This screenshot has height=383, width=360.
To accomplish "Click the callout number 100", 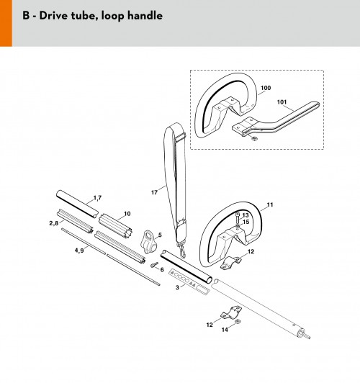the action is (x=266, y=88).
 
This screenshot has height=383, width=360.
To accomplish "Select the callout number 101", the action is (x=282, y=102).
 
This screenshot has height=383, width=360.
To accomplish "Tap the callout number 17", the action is (x=154, y=192).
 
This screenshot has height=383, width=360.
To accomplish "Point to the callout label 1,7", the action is (x=97, y=198).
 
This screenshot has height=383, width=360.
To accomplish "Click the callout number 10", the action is (x=127, y=214).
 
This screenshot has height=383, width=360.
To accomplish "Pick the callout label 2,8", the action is (x=54, y=223).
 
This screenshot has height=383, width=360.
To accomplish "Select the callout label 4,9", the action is (x=79, y=251).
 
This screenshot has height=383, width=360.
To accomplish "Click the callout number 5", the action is (x=160, y=235).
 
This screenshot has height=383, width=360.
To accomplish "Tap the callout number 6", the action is (x=162, y=270).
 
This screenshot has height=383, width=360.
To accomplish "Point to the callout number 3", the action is (x=177, y=287).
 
